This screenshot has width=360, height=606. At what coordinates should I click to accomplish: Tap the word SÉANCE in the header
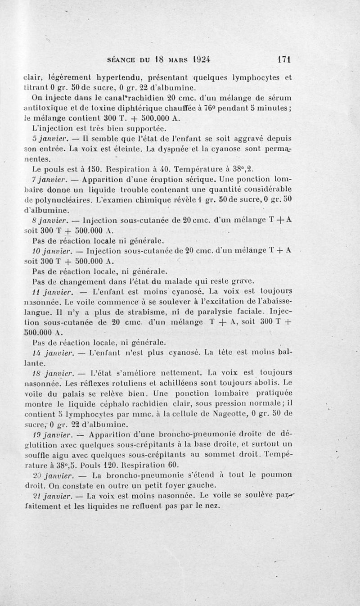[122, 59]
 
